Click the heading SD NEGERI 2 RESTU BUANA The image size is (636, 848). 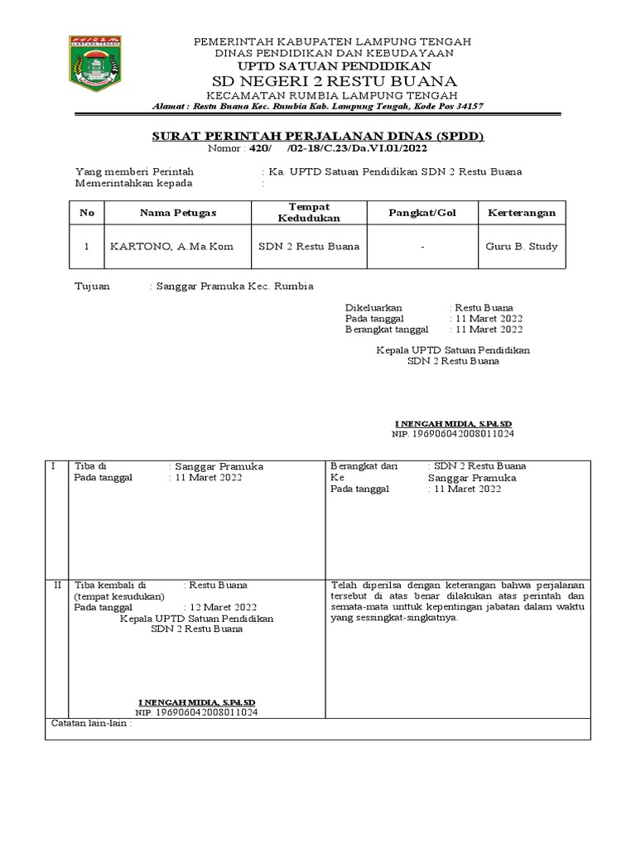point(335,80)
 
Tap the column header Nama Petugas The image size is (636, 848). point(177,213)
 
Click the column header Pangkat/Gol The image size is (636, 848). point(422,213)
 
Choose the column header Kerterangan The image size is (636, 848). point(520,213)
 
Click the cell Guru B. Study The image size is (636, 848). point(521,247)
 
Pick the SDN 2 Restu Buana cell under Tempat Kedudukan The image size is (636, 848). point(309,247)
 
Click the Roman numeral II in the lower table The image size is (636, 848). point(57,585)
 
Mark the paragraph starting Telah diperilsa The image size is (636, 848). point(457,600)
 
